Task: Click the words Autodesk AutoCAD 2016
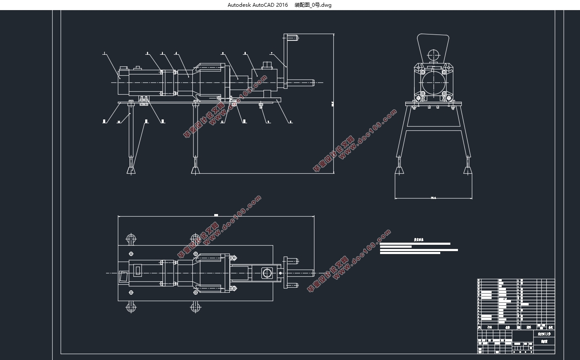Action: pyautogui.click(x=258, y=5)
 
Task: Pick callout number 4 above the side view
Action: pyautogui.click(x=176, y=53)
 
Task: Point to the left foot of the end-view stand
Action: pyautogui.click(x=399, y=170)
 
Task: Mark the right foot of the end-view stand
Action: pyautogui.click(x=467, y=170)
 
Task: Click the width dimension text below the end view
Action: pyautogui.click(x=433, y=197)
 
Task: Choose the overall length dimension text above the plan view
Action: pyautogui.click(x=216, y=215)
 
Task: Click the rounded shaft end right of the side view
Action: pyautogui.click(x=313, y=83)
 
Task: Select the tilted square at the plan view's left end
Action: pyautogui.click(x=124, y=277)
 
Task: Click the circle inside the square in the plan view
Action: pyautogui.click(x=267, y=273)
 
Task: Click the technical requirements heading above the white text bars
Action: pyautogui.click(x=418, y=240)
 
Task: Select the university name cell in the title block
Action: pyautogui.click(x=544, y=334)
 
